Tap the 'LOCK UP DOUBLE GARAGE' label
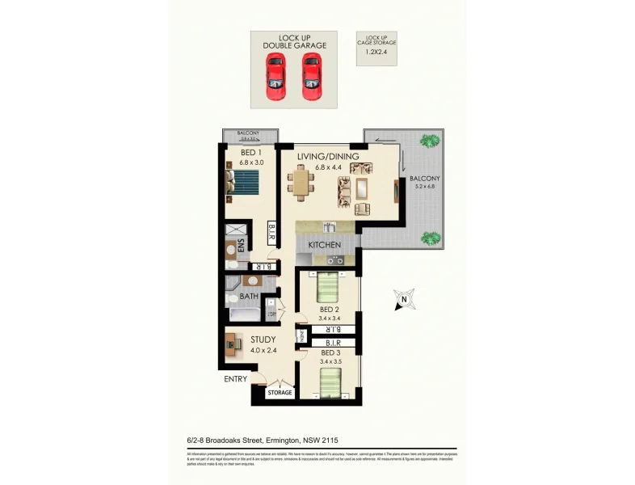pyautogui.click(x=294, y=41)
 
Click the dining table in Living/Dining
pyautogui.click(x=304, y=182)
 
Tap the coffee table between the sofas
pyautogui.click(x=361, y=189)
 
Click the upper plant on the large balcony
pyautogui.click(x=429, y=141)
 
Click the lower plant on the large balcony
pyautogui.click(x=430, y=238)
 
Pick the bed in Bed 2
pyautogui.click(x=328, y=287)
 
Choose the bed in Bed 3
pyautogui.click(x=327, y=386)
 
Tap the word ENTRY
pyautogui.click(x=236, y=378)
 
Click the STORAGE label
pyautogui.click(x=280, y=393)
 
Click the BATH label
pyautogui.click(x=249, y=297)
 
